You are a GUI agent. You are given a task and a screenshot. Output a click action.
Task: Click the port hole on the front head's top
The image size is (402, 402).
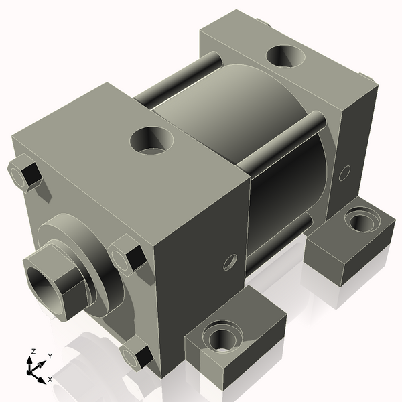152,141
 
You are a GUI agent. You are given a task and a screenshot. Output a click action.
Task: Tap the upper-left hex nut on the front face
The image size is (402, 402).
25,172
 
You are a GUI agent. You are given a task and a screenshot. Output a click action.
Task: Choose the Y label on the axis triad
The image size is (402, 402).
50,356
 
